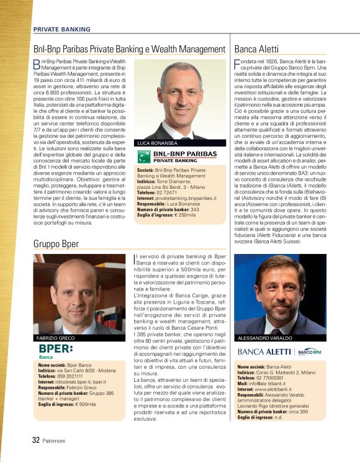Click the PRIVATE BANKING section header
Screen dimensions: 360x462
click(x=61, y=29)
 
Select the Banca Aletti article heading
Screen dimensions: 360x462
click(x=256, y=49)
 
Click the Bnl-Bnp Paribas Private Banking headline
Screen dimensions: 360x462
click(x=129, y=49)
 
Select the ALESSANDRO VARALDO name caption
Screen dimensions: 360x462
click(x=265, y=338)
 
